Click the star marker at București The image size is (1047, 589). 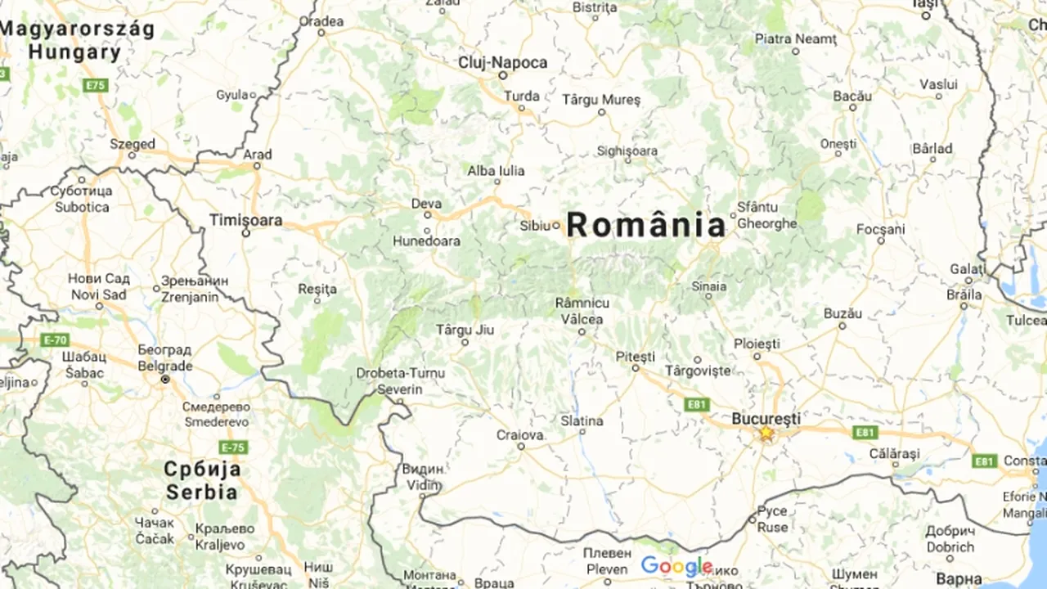[x=766, y=433]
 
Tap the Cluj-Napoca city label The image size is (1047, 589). [x=503, y=63]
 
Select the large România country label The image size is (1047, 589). [x=645, y=225]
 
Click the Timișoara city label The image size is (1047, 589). [x=245, y=220]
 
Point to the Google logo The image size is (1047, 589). [x=676, y=566]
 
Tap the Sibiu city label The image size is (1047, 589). [x=536, y=225]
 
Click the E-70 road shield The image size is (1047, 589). [x=55, y=339]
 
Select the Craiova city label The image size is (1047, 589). [x=520, y=434]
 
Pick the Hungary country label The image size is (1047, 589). [x=74, y=52]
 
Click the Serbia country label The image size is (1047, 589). [x=202, y=492]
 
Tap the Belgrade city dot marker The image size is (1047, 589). [x=165, y=380]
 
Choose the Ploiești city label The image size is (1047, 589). [x=757, y=343]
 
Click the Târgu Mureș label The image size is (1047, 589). [x=601, y=99]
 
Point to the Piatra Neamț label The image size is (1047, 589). [x=796, y=38]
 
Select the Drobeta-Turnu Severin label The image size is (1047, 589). [x=389, y=381]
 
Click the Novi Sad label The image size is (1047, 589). [x=99, y=294]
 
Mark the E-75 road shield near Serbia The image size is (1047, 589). [x=233, y=447]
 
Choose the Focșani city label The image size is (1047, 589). [x=881, y=229]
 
